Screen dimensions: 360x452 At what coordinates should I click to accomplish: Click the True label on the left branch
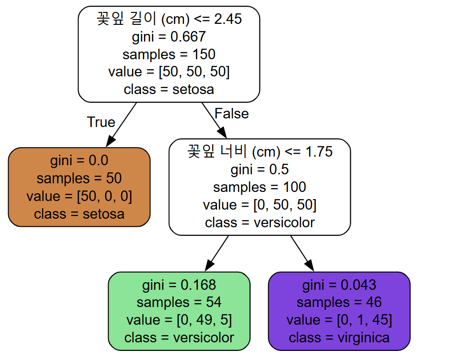coord(101,122)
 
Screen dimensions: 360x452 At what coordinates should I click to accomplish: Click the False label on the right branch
coord(231,114)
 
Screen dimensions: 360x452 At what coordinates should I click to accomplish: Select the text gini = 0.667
coord(169,37)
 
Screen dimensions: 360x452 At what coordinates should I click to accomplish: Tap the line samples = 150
coord(169,54)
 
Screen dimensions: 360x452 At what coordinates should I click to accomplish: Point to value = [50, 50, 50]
coord(169,72)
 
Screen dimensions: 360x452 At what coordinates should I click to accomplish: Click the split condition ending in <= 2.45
coord(169,20)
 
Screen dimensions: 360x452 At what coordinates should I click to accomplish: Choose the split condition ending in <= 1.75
coord(259,152)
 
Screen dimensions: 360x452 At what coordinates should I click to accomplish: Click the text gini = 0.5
coord(259,169)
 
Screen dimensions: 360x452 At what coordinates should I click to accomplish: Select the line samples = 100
coord(259,187)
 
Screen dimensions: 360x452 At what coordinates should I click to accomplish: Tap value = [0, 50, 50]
coord(259,205)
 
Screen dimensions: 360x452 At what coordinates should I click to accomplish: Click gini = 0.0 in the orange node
coord(79,160)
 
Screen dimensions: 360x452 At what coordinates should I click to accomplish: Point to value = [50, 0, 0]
coord(79,196)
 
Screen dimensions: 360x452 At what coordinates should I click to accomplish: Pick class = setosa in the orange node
coord(79,213)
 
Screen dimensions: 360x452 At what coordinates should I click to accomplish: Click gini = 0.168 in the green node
coord(179,286)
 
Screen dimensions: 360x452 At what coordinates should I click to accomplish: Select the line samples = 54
coord(179,303)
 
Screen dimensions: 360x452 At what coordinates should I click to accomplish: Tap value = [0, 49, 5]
coord(179,320)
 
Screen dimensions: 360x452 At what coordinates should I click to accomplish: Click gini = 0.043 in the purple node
coord(339,286)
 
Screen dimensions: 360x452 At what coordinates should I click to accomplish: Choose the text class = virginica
coord(339,338)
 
